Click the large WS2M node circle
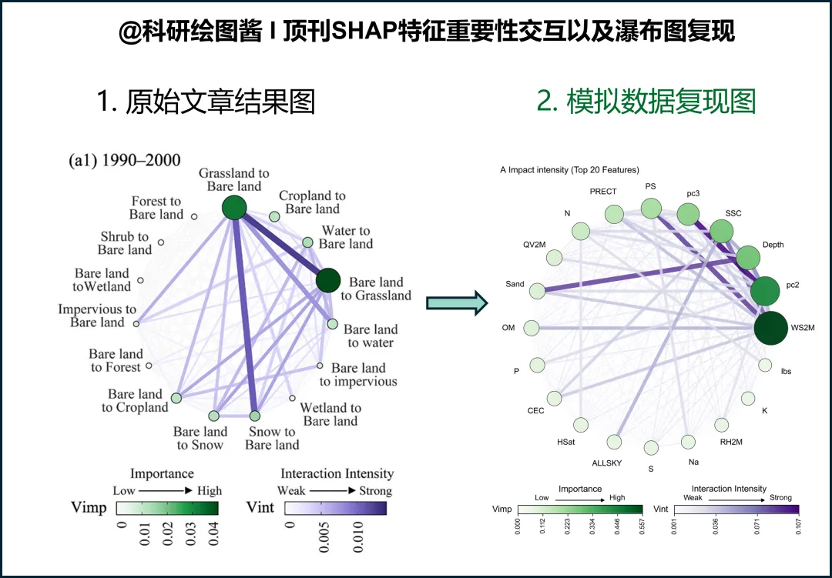pyautogui.click(x=770, y=327)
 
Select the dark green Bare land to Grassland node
pyautogui.click(x=328, y=280)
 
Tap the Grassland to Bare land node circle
pyautogui.click(x=233, y=207)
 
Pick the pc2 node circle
pyautogui.click(x=765, y=292)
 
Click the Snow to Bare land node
pyautogui.click(x=255, y=416)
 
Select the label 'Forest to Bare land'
pyautogui.click(x=156, y=208)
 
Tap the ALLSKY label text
pyautogui.click(x=606, y=463)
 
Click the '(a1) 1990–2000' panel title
pyautogui.click(x=125, y=161)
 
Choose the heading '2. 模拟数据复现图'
pyautogui.click(x=646, y=102)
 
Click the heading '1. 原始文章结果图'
pyautogui.click(x=206, y=102)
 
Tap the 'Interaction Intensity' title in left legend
pyautogui.click(x=337, y=473)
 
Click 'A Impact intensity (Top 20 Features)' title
pyautogui.click(x=569, y=169)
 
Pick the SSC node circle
pyautogui.click(x=722, y=231)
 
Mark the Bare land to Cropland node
pyautogui.click(x=176, y=398)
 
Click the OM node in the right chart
pyautogui.click(x=532, y=329)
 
